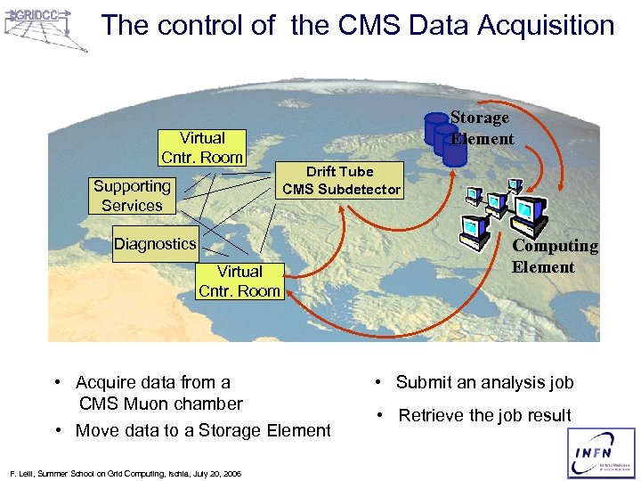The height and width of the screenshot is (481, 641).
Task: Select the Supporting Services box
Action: [x=132, y=196]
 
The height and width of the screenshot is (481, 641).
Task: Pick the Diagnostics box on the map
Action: [x=155, y=244]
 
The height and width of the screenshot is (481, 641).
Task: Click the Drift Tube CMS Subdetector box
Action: [x=340, y=181]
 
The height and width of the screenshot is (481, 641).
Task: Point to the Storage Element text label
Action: [x=481, y=128]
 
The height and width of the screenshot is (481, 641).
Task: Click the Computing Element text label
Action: [x=555, y=257]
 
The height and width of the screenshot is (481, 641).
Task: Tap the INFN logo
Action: [x=602, y=454]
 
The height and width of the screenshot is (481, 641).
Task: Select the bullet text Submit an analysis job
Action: [x=484, y=383]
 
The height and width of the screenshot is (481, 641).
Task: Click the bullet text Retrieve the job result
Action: [x=484, y=416]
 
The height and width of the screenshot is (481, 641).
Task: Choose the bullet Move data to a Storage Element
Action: [x=203, y=431]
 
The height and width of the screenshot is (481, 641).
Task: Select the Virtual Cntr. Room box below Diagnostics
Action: [x=239, y=281]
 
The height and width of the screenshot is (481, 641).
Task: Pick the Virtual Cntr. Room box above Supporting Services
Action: [x=202, y=148]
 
